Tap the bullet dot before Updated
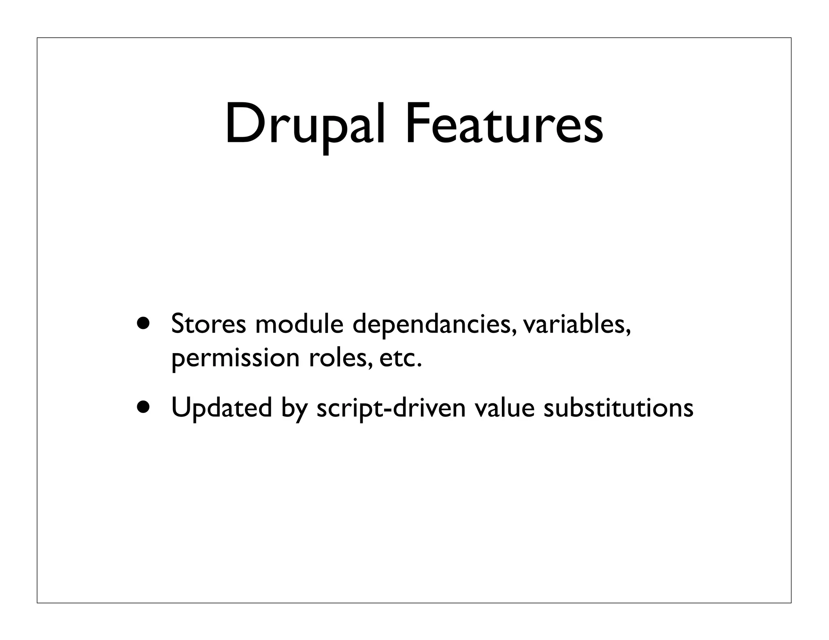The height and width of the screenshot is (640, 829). (x=142, y=407)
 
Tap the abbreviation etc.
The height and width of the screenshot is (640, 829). (x=400, y=358)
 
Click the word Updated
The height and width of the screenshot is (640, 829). (x=221, y=408)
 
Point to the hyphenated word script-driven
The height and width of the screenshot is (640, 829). (x=391, y=408)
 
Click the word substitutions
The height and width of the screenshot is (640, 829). (x=618, y=408)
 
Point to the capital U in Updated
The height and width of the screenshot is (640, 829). (x=180, y=407)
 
